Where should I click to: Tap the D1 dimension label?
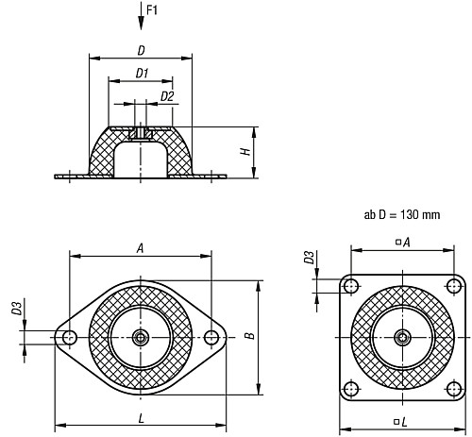click(141, 72)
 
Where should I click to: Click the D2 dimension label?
click(165, 95)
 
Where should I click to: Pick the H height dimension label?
click(244, 151)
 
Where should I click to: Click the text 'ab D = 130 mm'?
click(402, 214)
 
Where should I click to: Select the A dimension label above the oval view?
click(140, 247)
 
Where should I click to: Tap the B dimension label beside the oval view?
click(247, 336)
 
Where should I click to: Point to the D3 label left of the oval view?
click(16, 309)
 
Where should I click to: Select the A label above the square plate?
click(406, 243)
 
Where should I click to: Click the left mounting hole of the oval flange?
click(68, 337)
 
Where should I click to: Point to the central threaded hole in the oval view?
click(141, 337)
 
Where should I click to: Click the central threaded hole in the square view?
click(403, 337)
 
